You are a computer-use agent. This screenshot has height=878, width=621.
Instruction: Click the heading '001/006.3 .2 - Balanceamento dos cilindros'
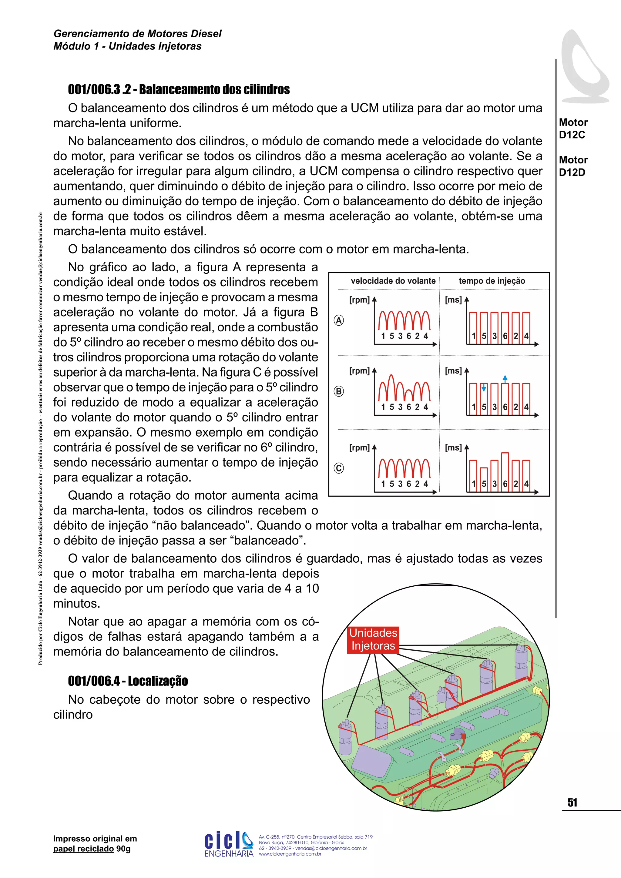[x=179, y=89]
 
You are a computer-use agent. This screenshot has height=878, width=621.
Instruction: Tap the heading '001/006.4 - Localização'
[x=128, y=681]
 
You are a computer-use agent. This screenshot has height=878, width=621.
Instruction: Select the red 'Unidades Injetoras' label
[x=373, y=639]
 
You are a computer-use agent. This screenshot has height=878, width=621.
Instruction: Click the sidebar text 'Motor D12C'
[x=573, y=129]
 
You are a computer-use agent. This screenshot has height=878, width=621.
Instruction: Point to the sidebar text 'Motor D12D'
[x=573, y=166]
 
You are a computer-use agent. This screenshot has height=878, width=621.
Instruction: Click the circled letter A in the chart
[x=339, y=320]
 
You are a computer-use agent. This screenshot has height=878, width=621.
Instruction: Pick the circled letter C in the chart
[x=339, y=468]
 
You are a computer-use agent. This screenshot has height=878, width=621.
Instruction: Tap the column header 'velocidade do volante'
[x=393, y=281]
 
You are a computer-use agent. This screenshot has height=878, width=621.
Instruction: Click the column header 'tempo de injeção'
[x=492, y=281]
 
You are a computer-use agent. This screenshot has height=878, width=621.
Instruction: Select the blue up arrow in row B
[x=505, y=379]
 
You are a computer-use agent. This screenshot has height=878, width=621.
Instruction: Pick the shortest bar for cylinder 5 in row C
[x=484, y=478]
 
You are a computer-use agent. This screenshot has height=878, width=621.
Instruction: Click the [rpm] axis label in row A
[x=359, y=300]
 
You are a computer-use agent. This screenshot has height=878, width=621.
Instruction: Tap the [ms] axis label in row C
[x=454, y=447]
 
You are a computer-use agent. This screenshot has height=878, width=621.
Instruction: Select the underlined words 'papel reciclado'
[x=83, y=849]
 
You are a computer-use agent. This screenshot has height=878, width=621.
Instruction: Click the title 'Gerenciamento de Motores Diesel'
[x=137, y=34]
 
